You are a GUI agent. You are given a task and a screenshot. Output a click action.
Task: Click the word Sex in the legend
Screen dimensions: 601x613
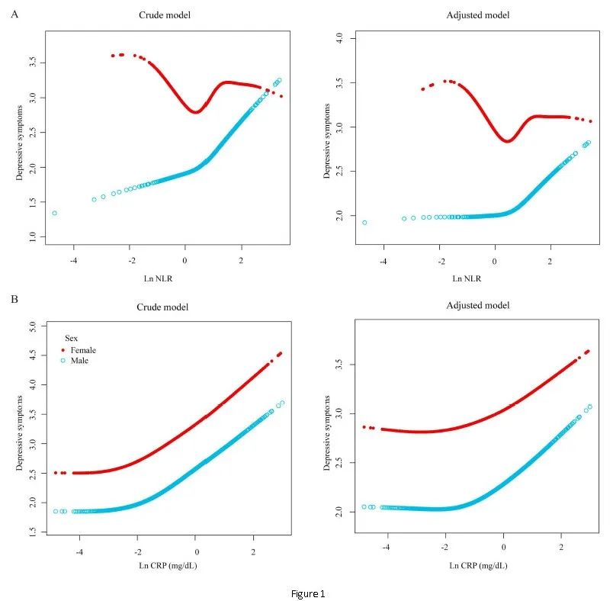coord(71,336)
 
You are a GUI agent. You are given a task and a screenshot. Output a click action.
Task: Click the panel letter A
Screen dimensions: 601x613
coord(14,13)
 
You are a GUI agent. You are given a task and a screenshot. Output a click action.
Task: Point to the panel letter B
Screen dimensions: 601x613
coord(14,299)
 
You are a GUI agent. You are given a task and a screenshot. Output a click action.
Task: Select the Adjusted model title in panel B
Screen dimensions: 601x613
coord(478,305)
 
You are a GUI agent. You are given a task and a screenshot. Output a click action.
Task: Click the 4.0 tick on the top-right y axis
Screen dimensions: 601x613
coord(340,38)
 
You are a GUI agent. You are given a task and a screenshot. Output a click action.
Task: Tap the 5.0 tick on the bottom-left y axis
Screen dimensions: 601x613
coord(34,326)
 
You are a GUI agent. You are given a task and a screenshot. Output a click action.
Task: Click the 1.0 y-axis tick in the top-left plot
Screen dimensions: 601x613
coord(34,238)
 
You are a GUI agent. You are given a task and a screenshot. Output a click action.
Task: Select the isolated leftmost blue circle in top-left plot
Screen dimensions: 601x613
coord(55,213)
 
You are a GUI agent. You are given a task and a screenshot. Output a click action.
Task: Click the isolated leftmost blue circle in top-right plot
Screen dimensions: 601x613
coord(364,223)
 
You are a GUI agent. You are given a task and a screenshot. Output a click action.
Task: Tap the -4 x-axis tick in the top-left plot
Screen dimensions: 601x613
coord(74,259)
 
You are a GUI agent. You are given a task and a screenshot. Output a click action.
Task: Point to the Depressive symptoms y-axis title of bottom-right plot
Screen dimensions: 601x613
coord(328,432)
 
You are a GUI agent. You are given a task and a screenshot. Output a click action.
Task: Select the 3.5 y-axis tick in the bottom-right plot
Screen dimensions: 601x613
coord(340,365)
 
